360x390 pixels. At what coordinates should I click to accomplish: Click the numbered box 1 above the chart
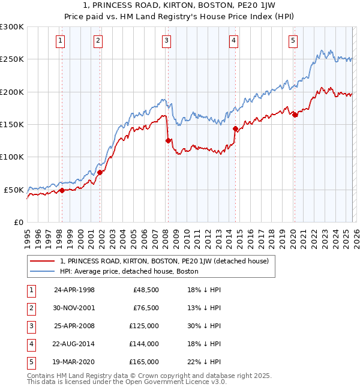pyautogui.click(x=61, y=41)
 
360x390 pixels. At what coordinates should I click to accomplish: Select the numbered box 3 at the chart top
pyautogui.click(x=166, y=41)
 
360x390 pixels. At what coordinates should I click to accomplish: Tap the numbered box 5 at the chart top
pyautogui.click(x=293, y=41)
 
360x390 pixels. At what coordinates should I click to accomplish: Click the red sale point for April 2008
pyautogui.click(x=168, y=140)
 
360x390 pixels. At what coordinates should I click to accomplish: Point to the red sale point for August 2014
pyautogui.click(x=235, y=128)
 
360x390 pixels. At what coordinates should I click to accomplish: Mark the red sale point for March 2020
pyautogui.click(x=295, y=115)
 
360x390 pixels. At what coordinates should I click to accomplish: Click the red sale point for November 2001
pyautogui.click(x=100, y=172)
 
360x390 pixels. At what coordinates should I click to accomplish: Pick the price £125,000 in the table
pyautogui.click(x=145, y=326)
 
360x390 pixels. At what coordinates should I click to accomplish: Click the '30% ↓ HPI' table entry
pyautogui.click(x=204, y=326)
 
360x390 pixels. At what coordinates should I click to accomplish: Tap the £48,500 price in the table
pyautogui.click(x=147, y=290)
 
